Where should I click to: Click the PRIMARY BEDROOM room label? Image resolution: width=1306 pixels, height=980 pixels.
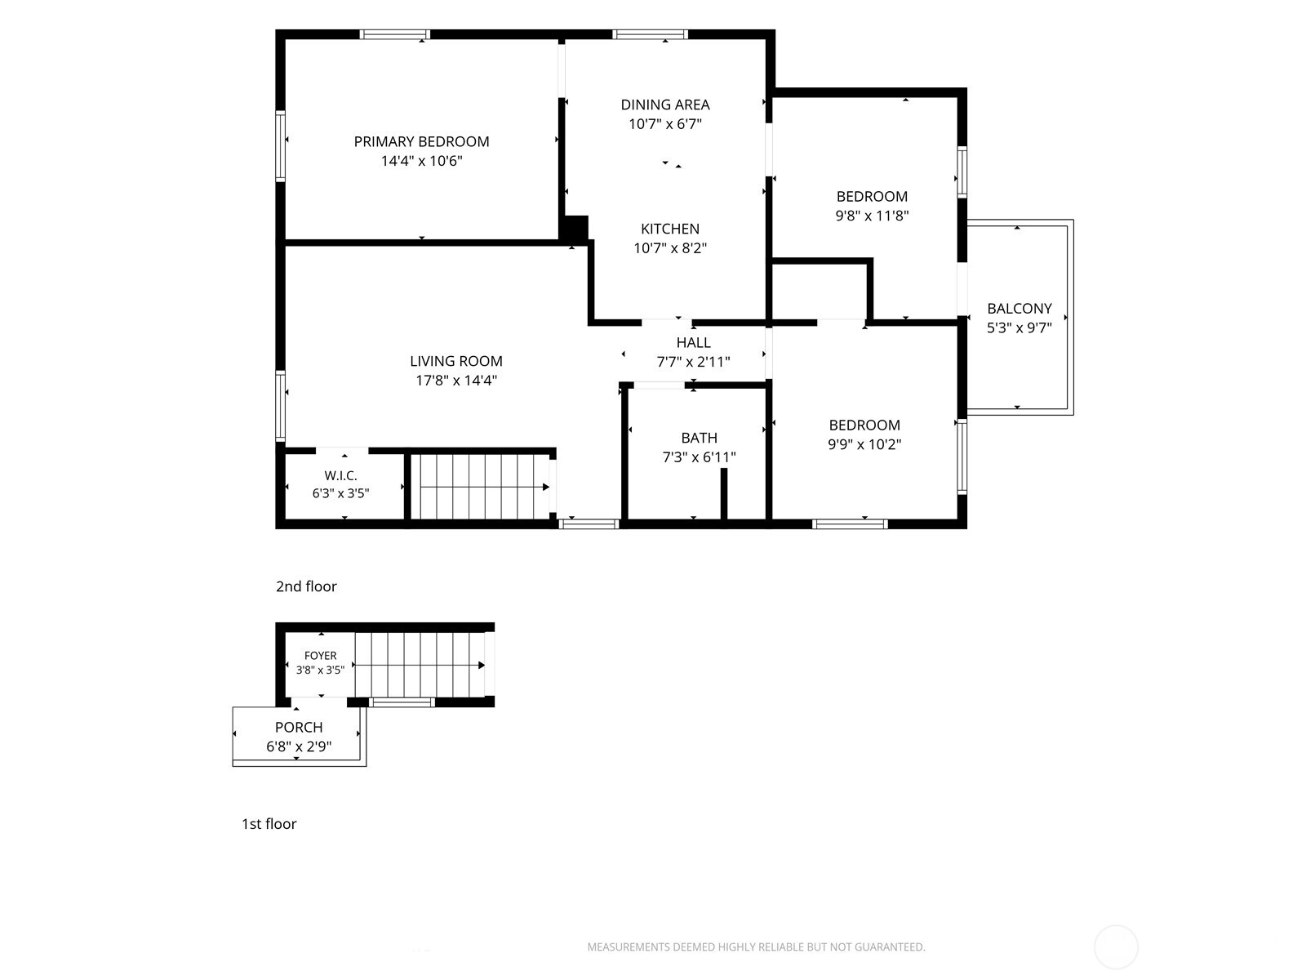click(421, 141)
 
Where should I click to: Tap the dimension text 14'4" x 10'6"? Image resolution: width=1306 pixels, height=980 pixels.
click(421, 161)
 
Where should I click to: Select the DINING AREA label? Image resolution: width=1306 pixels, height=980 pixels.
click(665, 105)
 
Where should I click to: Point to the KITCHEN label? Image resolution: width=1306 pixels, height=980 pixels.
click(670, 229)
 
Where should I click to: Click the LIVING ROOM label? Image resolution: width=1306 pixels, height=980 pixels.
click(455, 361)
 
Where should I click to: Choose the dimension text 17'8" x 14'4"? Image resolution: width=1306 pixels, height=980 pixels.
click(455, 381)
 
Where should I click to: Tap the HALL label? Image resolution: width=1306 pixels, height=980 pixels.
click(693, 343)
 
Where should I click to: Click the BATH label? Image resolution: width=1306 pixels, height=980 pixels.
click(699, 438)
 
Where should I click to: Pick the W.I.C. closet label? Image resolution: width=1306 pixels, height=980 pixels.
click(340, 475)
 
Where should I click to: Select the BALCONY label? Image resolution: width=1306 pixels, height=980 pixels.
click(1019, 309)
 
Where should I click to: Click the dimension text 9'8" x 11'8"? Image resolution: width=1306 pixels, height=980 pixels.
click(873, 216)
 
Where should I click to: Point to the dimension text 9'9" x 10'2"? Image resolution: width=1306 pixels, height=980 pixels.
click(864, 444)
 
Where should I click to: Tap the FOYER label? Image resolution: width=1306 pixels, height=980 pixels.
click(320, 656)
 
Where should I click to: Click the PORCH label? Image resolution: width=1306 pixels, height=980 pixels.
click(299, 727)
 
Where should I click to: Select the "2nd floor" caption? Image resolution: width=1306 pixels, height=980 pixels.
click(306, 586)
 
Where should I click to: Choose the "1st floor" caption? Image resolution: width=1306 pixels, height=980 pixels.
click(269, 823)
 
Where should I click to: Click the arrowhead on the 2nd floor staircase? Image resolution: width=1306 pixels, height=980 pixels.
click(545, 488)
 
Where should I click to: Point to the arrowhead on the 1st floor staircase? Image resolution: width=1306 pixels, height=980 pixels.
click(482, 666)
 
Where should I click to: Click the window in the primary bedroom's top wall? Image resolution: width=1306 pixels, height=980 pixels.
click(395, 34)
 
